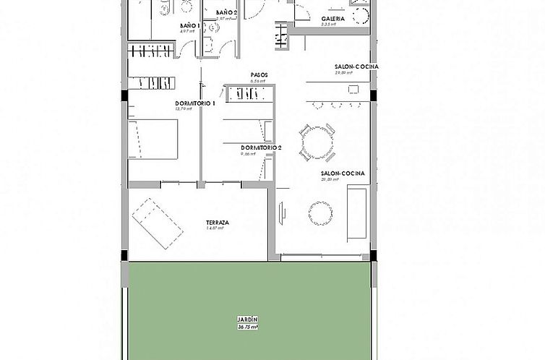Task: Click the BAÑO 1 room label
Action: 189,25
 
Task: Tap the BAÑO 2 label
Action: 226,13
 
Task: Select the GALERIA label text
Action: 332,19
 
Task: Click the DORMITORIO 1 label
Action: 196,103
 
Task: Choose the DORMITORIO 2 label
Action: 261,147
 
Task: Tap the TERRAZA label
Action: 217,223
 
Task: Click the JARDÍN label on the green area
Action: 247,320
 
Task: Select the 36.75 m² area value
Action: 247,327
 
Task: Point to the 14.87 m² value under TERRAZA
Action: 217,229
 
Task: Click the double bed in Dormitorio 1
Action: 153,139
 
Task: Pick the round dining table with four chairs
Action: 317,142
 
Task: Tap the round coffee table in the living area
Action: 320,213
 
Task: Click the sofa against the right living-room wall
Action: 357,212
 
